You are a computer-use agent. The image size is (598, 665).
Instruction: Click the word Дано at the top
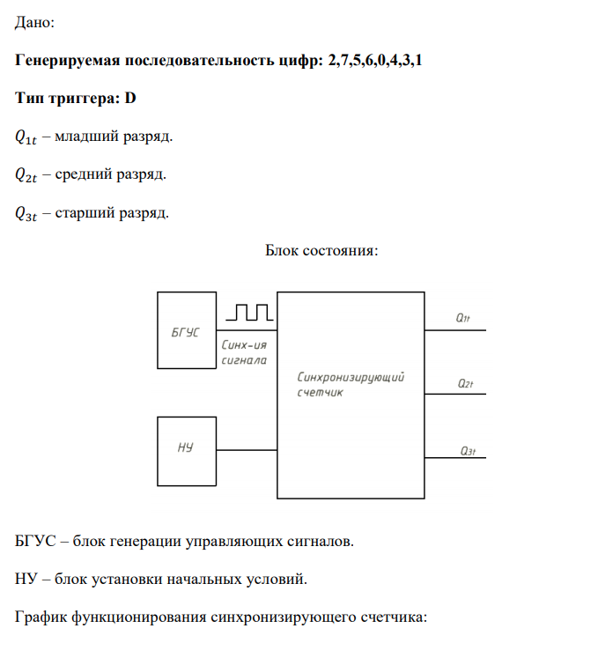(x=35, y=24)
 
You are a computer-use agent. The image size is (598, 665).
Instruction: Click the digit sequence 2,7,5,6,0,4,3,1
(x=380, y=62)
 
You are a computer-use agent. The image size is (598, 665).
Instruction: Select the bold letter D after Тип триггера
(x=130, y=99)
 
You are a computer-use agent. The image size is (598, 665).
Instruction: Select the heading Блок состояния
(x=321, y=250)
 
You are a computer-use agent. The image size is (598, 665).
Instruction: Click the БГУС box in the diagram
(x=186, y=330)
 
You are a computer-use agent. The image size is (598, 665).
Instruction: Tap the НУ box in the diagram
(x=186, y=449)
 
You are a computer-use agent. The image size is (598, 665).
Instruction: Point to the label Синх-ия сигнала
(x=242, y=352)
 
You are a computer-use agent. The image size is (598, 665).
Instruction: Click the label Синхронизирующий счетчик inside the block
(x=351, y=384)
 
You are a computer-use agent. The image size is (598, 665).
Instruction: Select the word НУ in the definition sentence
(x=27, y=580)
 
